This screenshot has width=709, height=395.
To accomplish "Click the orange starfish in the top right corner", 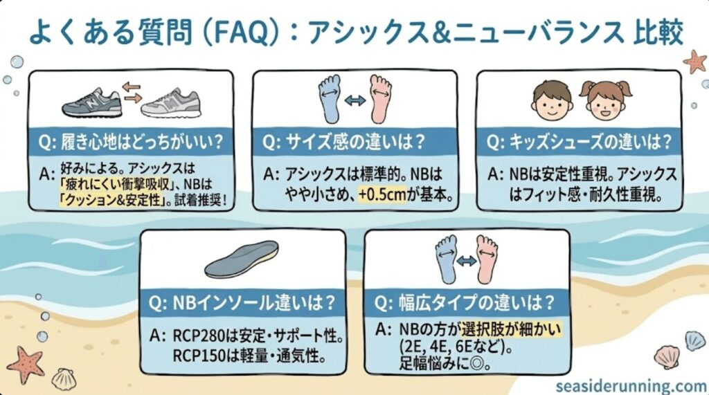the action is pyautogui.click(x=694, y=62).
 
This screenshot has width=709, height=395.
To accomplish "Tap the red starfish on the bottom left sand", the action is pyautogui.click(x=26, y=364).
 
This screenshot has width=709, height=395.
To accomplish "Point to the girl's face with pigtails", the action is pyautogui.click(x=604, y=101).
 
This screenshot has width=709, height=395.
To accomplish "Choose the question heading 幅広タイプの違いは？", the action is pyautogui.click(x=466, y=303).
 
